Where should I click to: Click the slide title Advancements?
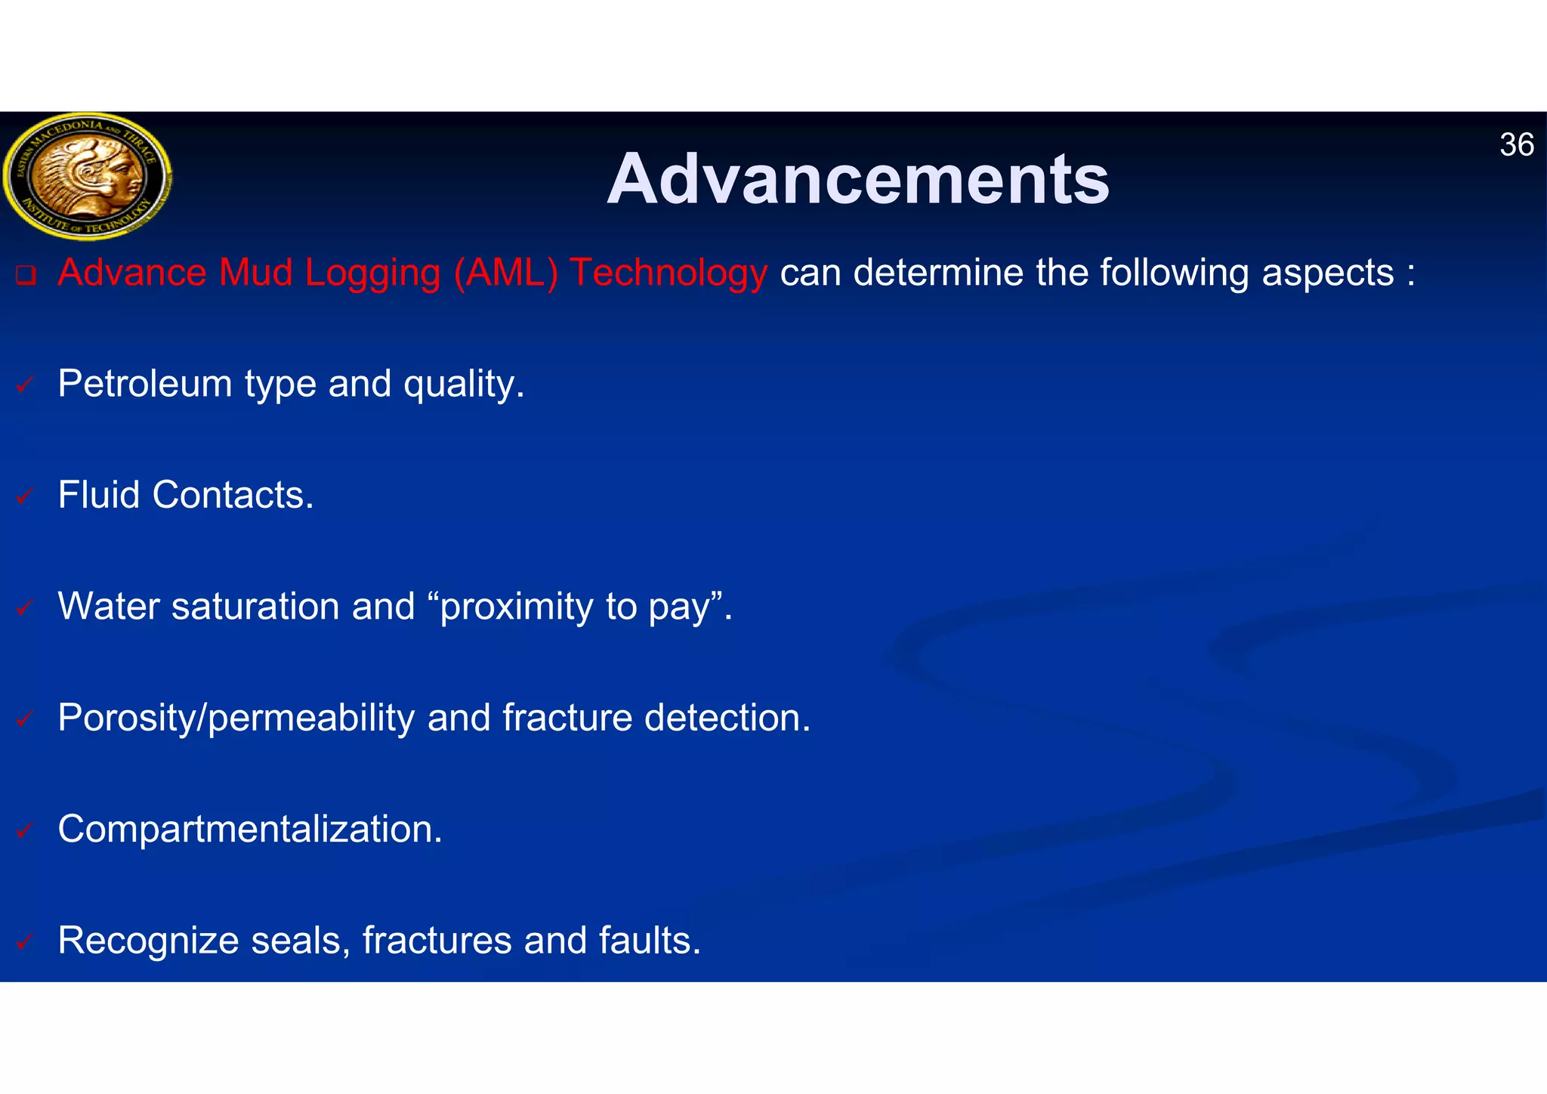[x=858, y=179]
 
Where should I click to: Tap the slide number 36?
[x=1516, y=144]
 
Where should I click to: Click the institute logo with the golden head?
[x=87, y=176]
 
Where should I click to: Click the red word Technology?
[x=669, y=273]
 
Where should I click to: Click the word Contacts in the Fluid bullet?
[x=232, y=495]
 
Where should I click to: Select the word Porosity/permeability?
[x=236, y=719]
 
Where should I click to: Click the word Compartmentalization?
[x=249, y=830]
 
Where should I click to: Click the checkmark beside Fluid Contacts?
[x=25, y=496]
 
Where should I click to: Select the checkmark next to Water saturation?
[x=25, y=607]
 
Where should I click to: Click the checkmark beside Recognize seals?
[x=25, y=941]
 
